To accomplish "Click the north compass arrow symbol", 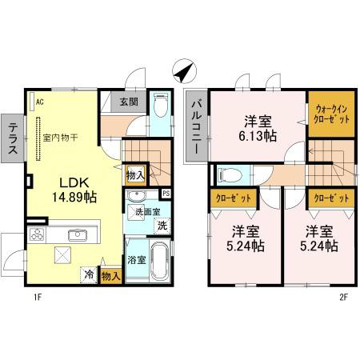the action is click(184, 70).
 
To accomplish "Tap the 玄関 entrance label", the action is click(129, 102).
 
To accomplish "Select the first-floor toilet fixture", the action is click(161, 105).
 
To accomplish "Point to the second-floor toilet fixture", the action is click(230, 175).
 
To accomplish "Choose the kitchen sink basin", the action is click(78, 234).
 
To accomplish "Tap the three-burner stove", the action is click(37, 234).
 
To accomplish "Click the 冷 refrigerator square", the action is click(89, 274).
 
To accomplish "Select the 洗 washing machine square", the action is click(162, 226).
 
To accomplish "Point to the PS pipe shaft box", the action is click(166, 194).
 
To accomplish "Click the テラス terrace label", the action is click(12, 138).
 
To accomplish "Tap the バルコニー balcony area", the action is click(197, 126).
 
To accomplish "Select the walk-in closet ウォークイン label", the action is click(331, 110).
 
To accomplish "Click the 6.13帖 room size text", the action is click(258, 136).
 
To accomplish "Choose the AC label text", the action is click(40, 102).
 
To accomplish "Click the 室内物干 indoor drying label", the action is click(60, 138).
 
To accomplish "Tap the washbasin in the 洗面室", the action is click(136, 196).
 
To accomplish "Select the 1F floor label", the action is click(38, 297).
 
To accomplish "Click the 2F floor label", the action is click(343, 297).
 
